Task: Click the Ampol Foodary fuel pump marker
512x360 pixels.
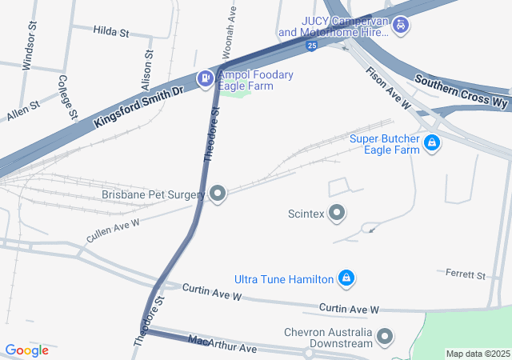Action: pyautogui.click(x=204, y=78)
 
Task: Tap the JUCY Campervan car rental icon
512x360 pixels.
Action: pyautogui.click(x=401, y=26)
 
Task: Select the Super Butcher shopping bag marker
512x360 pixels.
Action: pyautogui.click(x=432, y=143)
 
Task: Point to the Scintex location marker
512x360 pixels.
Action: pyautogui.click(x=337, y=213)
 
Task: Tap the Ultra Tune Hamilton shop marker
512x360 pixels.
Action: pyautogui.click(x=346, y=278)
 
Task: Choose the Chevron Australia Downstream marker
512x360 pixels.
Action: pyautogui.click(x=385, y=336)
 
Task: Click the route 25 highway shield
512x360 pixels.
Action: pyautogui.click(x=310, y=48)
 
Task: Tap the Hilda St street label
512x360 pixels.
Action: pyautogui.click(x=111, y=31)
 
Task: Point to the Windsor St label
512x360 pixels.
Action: pyautogui.click(x=30, y=51)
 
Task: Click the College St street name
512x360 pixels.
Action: pyautogui.click(x=67, y=97)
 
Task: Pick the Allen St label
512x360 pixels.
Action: pyautogui.click(x=23, y=110)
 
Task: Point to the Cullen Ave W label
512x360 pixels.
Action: pyautogui.click(x=114, y=231)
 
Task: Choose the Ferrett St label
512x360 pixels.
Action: pyautogui.click(x=466, y=275)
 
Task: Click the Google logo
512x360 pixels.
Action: pyautogui.click(x=26, y=350)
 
